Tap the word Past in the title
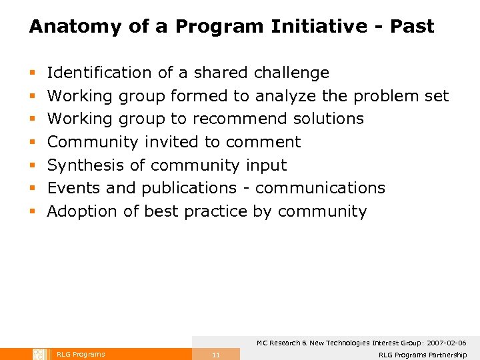(412, 27)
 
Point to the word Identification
(99, 73)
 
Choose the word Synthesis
(87, 165)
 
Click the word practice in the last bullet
(216, 211)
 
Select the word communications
(320, 188)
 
